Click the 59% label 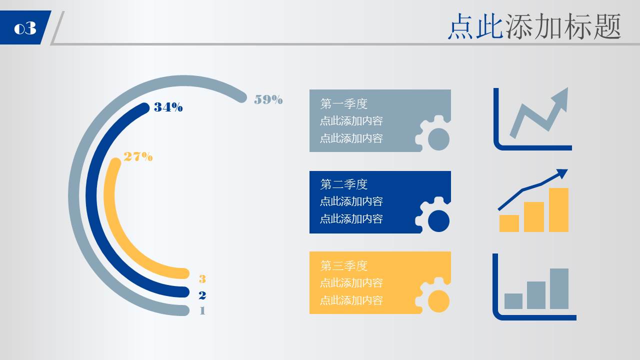click(268, 99)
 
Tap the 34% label click(168, 107)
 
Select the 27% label click(138, 156)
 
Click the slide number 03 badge click(25, 28)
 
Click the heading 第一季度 click(344, 104)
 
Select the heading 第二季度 click(344, 184)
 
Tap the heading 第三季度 click(344, 265)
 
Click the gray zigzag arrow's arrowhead click(561, 96)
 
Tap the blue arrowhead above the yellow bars click(562, 173)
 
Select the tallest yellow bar click(558, 210)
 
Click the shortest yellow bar click(509, 223)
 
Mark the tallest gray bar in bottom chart click(559, 288)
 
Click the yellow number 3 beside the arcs click(202, 279)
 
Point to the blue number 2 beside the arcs click(202, 295)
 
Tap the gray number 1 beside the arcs click(202, 310)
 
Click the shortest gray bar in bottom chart click(513, 301)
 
